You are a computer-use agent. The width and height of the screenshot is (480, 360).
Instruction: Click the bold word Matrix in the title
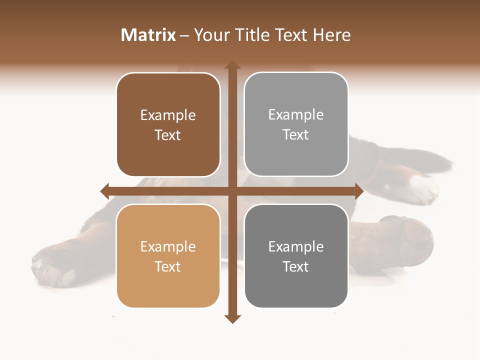(148, 35)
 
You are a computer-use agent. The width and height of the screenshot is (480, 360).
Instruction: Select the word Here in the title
(331, 35)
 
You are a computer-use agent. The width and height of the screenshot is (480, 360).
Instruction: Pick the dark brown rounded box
(168, 150)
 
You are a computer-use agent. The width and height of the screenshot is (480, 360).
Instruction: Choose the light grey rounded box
(296, 150)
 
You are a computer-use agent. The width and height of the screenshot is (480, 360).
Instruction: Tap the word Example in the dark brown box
(168, 115)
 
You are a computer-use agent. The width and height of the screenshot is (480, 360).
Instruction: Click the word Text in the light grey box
(296, 135)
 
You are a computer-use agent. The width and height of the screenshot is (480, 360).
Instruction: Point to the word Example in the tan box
(168, 246)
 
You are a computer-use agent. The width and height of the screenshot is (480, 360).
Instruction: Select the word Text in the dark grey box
(296, 266)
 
